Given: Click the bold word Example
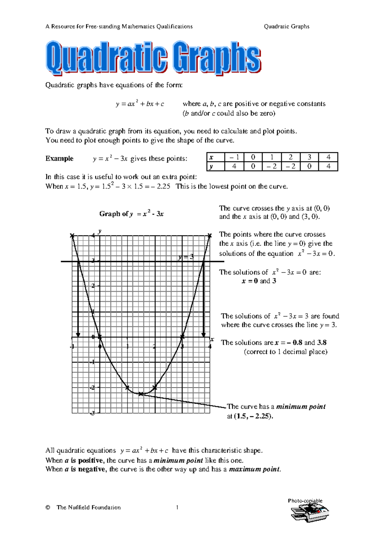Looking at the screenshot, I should click(x=59, y=159).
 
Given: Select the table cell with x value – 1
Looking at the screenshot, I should click(x=234, y=157).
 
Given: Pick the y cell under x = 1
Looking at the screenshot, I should click(x=272, y=166).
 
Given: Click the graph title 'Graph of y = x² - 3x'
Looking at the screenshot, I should click(x=131, y=214).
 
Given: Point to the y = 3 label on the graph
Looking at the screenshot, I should click(x=185, y=257).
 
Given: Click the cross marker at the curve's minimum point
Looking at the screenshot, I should click(x=141, y=394).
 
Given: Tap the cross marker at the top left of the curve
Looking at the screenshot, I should click(x=72, y=235).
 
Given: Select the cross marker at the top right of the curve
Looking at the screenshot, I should click(x=210, y=235).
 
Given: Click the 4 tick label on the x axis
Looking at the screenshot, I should click(x=210, y=346).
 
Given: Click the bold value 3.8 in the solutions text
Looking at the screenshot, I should click(x=322, y=342).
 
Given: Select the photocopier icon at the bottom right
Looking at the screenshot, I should click(x=310, y=512).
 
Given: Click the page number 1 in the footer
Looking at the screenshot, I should click(x=177, y=507).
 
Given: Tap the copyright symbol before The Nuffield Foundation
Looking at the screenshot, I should click(x=48, y=508).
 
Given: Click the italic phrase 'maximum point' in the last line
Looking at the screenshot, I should click(x=254, y=469).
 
